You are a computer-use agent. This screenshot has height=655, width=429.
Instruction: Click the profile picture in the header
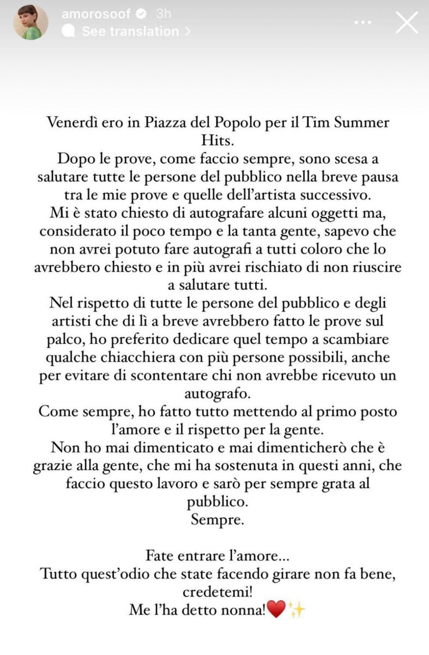tap(31, 22)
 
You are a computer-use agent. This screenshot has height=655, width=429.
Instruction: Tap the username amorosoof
tap(94, 14)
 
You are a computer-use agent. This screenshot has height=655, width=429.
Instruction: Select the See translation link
tap(130, 32)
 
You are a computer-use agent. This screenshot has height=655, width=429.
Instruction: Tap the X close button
tap(406, 22)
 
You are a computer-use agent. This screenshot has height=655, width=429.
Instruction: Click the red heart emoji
tap(277, 609)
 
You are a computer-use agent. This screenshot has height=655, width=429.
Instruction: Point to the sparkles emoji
tap(297, 609)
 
